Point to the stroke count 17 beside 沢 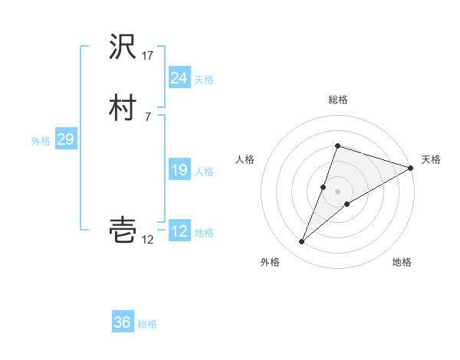coord(148,56)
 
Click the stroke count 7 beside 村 coord(148,116)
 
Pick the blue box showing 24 coord(179,78)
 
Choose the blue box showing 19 coord(179,171)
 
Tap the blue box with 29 coord(65,140)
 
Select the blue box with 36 coord(123,322)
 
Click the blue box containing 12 coord(179,231)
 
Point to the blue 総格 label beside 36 coord(147,324)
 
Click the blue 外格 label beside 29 coord(41,141)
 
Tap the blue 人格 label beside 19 coord(204,172)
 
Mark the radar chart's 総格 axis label coord(337,100)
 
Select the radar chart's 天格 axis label coord(431,159)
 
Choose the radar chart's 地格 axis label coord(402,262)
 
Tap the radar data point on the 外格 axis coord(301,242)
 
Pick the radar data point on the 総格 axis coord(337,146)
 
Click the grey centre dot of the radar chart coord(337,191)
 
